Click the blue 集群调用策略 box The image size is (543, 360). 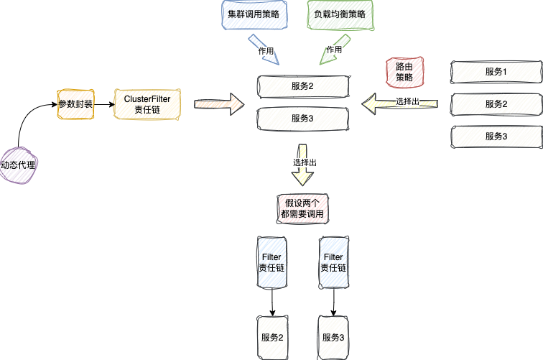tap(254, 14)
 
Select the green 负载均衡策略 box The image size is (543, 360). tap(340, 14)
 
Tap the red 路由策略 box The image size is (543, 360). tap(404, 72)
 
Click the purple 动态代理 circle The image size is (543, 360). tap(18, 165)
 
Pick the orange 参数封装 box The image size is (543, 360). tap(75, 104)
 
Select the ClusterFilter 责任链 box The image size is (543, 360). tap(147, 104)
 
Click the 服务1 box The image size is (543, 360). tap(496, 72)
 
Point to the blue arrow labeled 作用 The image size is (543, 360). tap(264, 50)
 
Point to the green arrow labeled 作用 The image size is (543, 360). tap(334, 50)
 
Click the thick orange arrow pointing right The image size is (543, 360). tap(219, 104)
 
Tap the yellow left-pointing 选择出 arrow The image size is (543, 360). tap(399, 103)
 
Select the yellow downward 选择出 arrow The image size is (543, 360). tap(302, 165)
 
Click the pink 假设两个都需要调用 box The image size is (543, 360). tap(302, 208)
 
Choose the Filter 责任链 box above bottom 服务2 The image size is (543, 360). tap(271, 262)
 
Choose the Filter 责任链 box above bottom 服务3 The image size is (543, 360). tap(333, 262)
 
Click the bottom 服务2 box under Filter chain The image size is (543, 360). tap(272, 338)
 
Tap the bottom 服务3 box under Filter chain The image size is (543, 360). tap(333, 338)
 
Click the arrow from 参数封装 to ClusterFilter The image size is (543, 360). tap(104, 104)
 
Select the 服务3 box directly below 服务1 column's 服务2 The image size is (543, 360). tap(496, 137)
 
